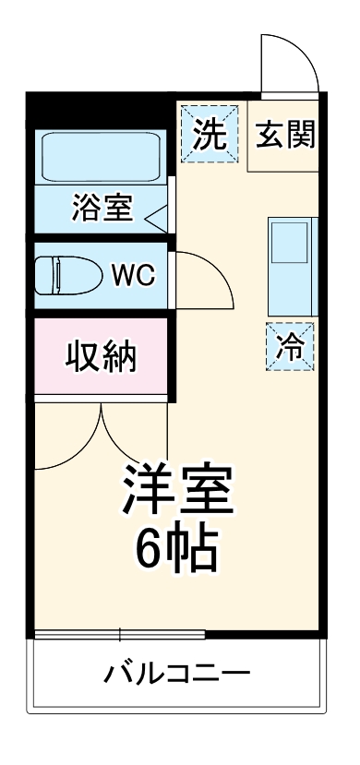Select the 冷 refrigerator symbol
290,346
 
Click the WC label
133,274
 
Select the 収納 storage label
101,356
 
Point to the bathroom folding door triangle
156,218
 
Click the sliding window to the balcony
120,634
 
